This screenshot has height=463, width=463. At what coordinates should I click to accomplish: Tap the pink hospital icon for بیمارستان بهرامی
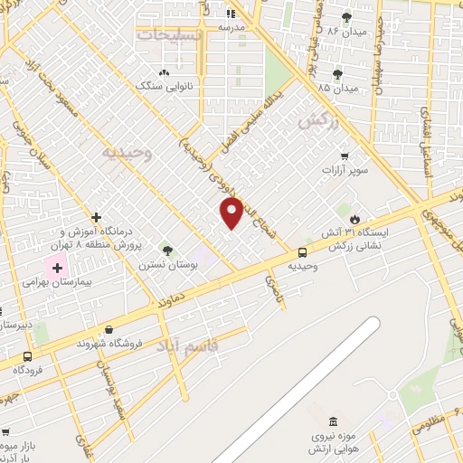point(57,267)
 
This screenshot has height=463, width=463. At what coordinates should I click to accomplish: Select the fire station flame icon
point(355,219)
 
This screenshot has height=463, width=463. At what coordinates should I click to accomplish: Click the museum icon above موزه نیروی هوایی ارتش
point(334,422)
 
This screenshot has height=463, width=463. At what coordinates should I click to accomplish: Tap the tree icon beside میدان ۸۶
point(346,16)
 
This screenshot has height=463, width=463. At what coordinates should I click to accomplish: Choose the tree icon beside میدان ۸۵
point(338,74)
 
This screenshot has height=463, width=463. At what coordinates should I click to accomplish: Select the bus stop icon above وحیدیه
point(302,253)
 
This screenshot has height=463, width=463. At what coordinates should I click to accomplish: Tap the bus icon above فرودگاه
point(28,356)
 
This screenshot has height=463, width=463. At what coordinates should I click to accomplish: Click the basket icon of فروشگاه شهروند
point(109,330)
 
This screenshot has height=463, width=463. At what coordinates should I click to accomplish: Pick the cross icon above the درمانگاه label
point(96,216)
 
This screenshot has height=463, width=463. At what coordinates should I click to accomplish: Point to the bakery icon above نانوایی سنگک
point(164,73)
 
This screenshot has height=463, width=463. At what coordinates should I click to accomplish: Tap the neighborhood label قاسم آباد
point(187,345)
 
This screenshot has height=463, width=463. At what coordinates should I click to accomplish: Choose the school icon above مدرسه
point(230,14)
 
